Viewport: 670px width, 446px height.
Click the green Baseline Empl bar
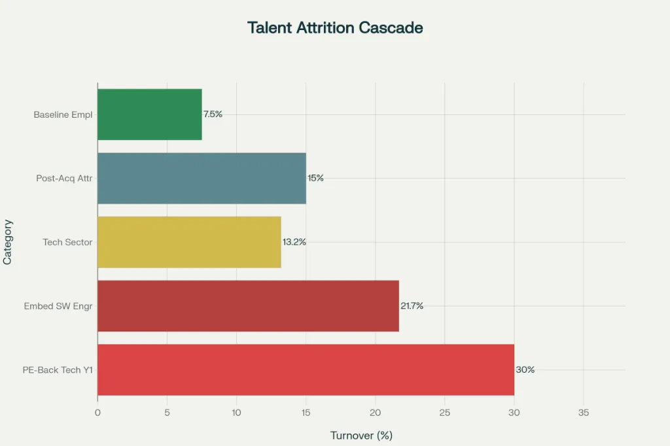pos(149,114)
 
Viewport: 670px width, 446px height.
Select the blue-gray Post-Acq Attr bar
pos(202,178)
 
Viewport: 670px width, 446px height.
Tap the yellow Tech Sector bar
pos(189,242)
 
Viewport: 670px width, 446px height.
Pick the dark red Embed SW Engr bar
pos(248,306)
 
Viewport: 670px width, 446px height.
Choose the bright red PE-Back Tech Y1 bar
pos(306,369)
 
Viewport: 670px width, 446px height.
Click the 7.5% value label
pos(213,114)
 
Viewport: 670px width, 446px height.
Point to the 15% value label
pos(316,178)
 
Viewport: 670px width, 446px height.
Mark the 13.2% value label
pos(294,242)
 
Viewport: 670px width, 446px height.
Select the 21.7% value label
pos(412,306)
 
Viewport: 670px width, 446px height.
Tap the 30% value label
pos(525,369)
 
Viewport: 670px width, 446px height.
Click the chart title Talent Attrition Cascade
pos(335,28)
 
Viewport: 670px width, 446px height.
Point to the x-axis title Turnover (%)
pos(361,436)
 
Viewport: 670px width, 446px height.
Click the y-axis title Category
pos(8,242)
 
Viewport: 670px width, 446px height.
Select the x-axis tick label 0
pos(97,413)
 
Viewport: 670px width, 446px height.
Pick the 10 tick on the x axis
pos(236,413)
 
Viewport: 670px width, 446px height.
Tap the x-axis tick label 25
pos(445,413)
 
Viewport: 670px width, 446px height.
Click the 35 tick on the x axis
pos(584,413)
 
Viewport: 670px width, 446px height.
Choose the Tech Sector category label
pos(67,242)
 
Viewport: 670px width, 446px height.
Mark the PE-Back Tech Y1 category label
pos(58,370)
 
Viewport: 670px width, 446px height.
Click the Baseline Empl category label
pos(63,114)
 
